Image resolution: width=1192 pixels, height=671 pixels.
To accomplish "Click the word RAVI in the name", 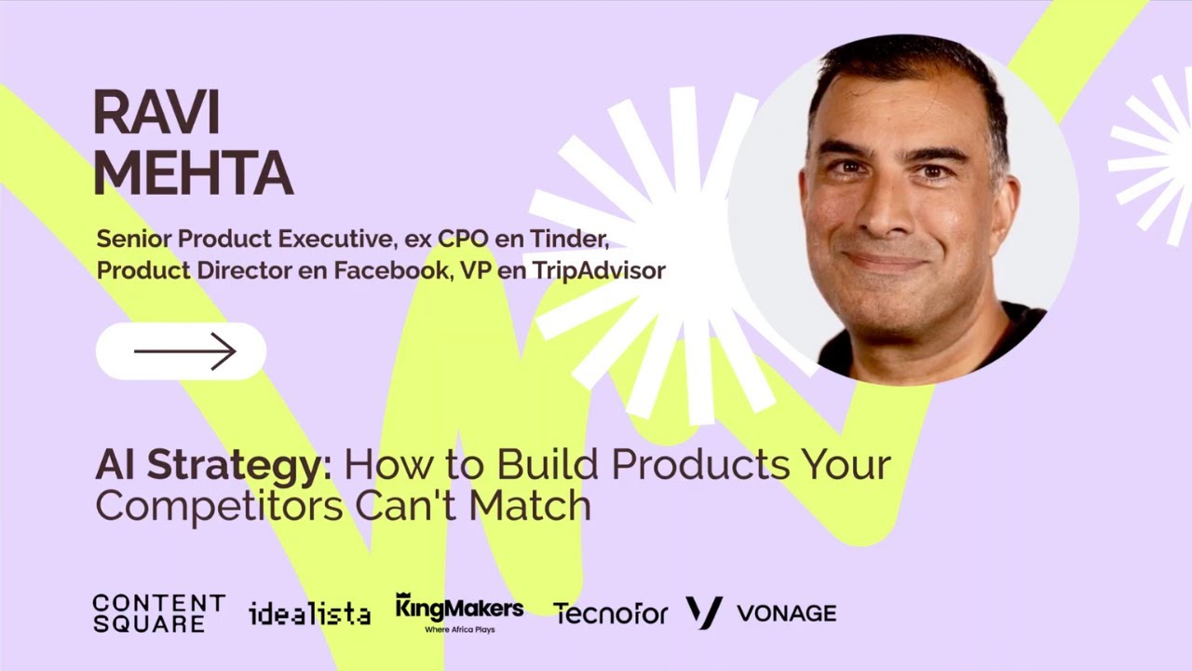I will click(156, 114).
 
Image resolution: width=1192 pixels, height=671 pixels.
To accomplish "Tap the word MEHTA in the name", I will click(193, 172).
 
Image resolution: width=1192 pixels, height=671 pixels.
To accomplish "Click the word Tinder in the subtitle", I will click(576, 240).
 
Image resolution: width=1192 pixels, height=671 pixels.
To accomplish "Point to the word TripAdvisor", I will click(599, 271).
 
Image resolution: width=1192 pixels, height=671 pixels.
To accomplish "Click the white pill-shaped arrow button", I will click(181, 351).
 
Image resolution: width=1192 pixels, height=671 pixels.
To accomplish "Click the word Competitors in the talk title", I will click(219, 505).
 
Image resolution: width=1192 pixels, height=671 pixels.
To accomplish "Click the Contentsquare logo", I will click(158, 613).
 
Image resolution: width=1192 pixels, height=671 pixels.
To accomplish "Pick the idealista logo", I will click(309, 613).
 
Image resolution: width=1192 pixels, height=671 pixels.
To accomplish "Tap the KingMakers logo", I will click(459, 609).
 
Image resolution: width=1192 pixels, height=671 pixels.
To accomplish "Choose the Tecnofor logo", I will click(610, 613).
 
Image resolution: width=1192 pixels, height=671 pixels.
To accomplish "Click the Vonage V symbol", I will click(704, 612).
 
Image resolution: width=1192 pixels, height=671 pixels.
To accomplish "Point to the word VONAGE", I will click(786, 613).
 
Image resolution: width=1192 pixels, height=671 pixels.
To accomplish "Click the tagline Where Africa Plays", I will click(459, 630).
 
